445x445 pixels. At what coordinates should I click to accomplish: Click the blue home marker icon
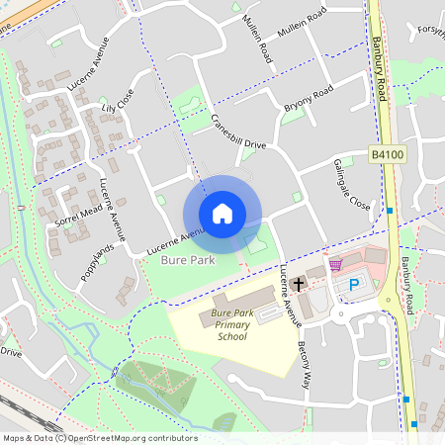222,214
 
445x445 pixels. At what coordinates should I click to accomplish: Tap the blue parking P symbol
354,285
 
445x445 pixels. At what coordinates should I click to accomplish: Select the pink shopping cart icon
335,265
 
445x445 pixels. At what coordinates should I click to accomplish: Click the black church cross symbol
298,285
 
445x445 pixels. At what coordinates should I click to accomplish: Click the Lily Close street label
117,101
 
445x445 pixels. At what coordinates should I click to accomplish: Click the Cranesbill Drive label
238,133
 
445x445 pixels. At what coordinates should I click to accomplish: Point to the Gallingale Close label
351,183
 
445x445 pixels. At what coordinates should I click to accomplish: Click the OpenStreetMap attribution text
100,438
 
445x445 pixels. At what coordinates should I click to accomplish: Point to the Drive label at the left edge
10,351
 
